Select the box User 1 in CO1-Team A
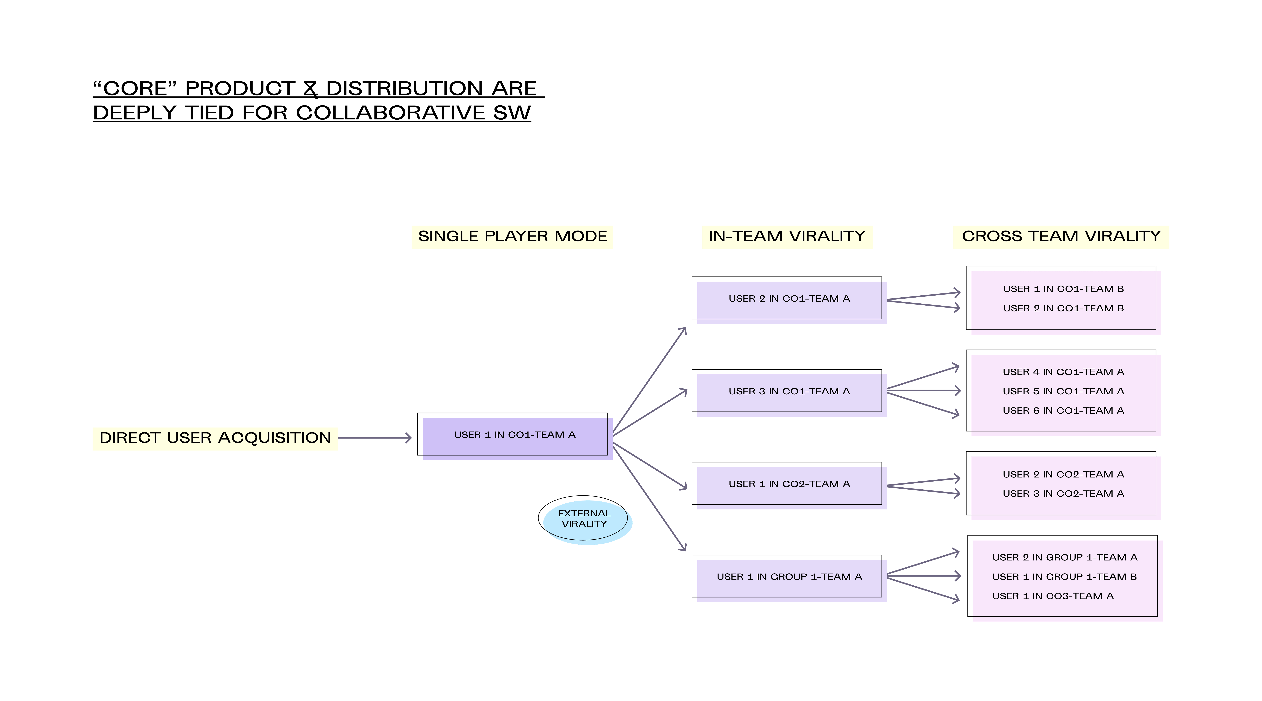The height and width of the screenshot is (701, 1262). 514,436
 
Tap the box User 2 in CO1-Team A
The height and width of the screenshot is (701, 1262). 789,300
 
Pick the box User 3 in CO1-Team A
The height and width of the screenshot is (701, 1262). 789,392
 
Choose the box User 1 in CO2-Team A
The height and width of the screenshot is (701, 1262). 789,485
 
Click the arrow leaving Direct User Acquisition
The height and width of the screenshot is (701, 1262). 375,438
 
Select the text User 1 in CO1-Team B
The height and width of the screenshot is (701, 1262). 1063,289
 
